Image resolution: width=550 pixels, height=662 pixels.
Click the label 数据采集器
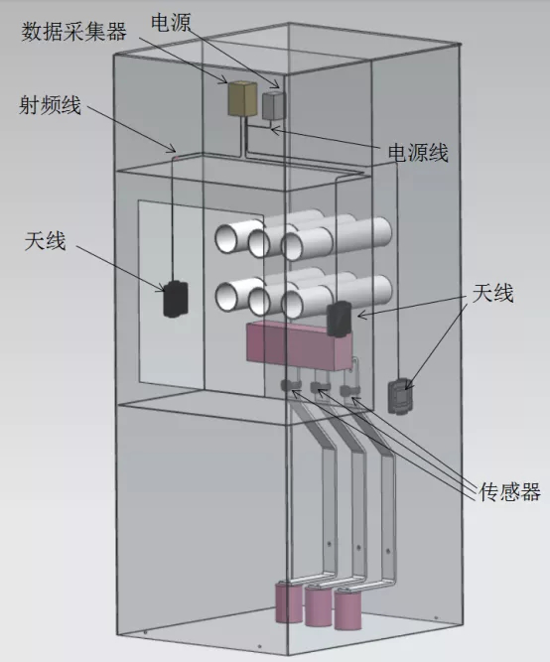[x=73, y=32]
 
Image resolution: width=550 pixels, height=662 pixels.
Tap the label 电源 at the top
[x=171, y=23]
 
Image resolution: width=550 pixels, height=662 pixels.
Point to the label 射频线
[x=50, y=104]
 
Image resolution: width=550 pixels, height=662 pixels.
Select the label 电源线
[x=418, y=152]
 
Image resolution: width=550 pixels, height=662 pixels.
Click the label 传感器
[x=509, y=491]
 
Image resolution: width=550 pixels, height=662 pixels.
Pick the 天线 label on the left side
[x=46, y=241]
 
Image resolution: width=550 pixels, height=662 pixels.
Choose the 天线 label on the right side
[x=492, y=293]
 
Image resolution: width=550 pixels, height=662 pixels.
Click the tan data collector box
[x=242, y=99]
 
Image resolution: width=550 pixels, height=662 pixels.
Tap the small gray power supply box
[x=273, y=105]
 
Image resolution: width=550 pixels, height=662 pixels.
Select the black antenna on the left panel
[x=176, y=299]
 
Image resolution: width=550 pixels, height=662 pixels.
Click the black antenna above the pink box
[x=339, y=319]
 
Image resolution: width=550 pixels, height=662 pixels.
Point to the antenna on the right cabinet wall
[x=400, y=396]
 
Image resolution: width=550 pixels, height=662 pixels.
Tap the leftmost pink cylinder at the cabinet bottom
[x=289, y=602]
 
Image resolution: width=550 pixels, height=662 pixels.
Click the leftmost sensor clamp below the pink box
[x=289, y=385]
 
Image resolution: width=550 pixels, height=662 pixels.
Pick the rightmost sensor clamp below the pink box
[x=349, y=390]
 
